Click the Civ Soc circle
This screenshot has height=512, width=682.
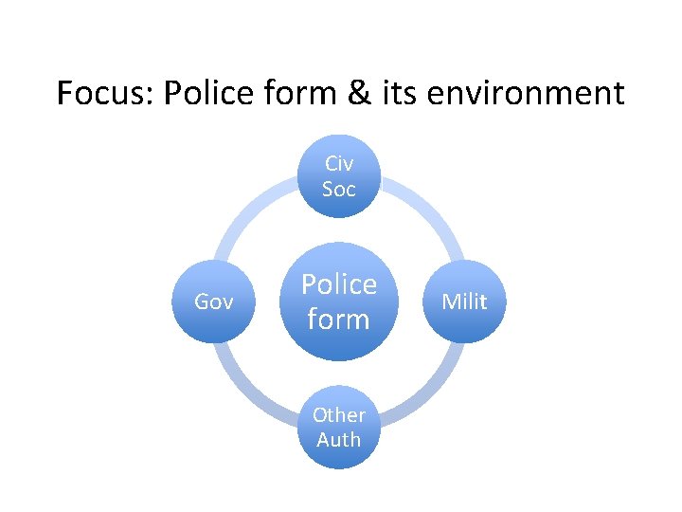[338, 176]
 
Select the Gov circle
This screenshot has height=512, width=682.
[214, 302]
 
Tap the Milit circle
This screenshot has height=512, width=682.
[464, 302]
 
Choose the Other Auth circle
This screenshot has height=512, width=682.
[338, 427]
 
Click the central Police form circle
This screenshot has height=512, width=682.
[338, 302]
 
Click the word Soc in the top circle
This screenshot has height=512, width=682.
[338, 189]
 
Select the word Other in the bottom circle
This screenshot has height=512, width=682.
[338, 414]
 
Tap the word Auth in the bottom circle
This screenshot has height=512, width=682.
[338, 439]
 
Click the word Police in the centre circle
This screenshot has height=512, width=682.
[338, 284]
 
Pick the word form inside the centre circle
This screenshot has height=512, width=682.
[338, 319]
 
